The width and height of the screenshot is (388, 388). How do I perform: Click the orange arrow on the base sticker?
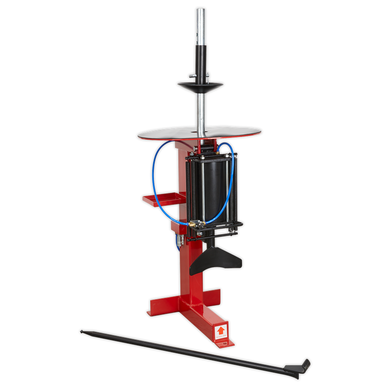click(221, 329)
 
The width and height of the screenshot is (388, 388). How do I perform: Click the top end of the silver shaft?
click(199, 11)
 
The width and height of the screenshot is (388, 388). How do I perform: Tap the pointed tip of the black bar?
click(82, 332)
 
